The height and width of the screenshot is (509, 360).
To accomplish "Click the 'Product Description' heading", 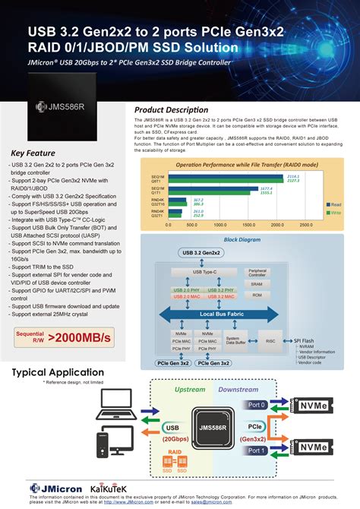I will (x=176, y=109).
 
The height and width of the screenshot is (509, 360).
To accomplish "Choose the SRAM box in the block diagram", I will (x=257, y=284).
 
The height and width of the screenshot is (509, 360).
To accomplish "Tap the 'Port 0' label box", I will (x=257, y=405).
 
